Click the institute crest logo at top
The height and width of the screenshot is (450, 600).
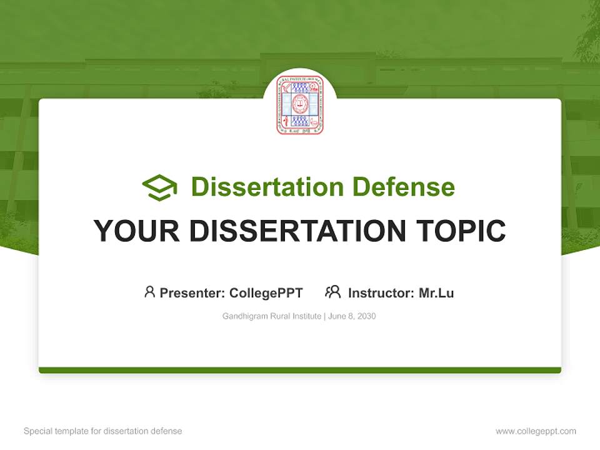coord(300,105)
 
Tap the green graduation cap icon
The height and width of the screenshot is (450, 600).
coord(160,187)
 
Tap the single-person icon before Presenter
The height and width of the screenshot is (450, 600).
coord(149,292)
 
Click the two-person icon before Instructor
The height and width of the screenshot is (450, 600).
coord(332,292)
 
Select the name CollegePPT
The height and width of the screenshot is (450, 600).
coord(266,292)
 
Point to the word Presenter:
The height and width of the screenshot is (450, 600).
coord(192,292)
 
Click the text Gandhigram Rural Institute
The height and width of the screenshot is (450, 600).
coord(271,316)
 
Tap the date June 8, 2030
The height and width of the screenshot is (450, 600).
coord(351,316)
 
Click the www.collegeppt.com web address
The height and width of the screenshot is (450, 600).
coord(536,431)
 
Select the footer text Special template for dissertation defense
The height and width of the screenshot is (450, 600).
coord(103,431)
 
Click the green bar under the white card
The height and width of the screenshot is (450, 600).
coord(300,370)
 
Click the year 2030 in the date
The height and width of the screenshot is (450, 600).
coord(366,316)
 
